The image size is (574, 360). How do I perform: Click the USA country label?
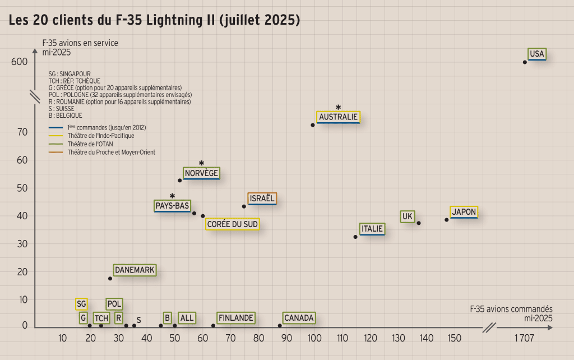click(536, 54)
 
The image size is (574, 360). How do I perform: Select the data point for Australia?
click(313, 124)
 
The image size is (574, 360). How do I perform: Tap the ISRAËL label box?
click(262, 199)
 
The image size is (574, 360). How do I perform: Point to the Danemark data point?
click(110, 279)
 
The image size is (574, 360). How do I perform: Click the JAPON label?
click(464, 212)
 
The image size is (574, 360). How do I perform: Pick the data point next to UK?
click(419, 223)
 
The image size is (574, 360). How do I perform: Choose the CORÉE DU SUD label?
click(232, 224)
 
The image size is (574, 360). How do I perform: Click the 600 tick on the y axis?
click(19, 62)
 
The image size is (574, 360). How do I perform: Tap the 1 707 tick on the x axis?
click(524, 338)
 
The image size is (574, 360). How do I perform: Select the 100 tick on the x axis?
click(314, 338)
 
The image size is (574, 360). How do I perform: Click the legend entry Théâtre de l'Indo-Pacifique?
click(100, 136)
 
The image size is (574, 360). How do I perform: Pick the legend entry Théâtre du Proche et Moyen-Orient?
click(111, 152)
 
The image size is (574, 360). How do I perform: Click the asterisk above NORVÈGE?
click(201, 163)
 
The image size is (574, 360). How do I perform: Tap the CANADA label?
click(298, 318)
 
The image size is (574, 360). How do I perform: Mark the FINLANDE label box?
click(235, 318)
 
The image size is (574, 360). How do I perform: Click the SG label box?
click(81, 304)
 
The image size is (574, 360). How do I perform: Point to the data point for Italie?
click(355, 237)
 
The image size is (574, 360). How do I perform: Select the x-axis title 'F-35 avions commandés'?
click(511, 310)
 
